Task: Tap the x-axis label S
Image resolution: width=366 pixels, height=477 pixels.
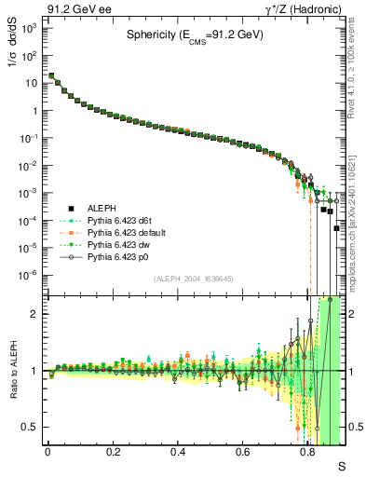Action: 341,463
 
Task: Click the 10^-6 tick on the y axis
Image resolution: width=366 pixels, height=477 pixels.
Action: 30,275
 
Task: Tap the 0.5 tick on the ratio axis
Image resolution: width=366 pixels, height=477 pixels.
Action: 32,428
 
